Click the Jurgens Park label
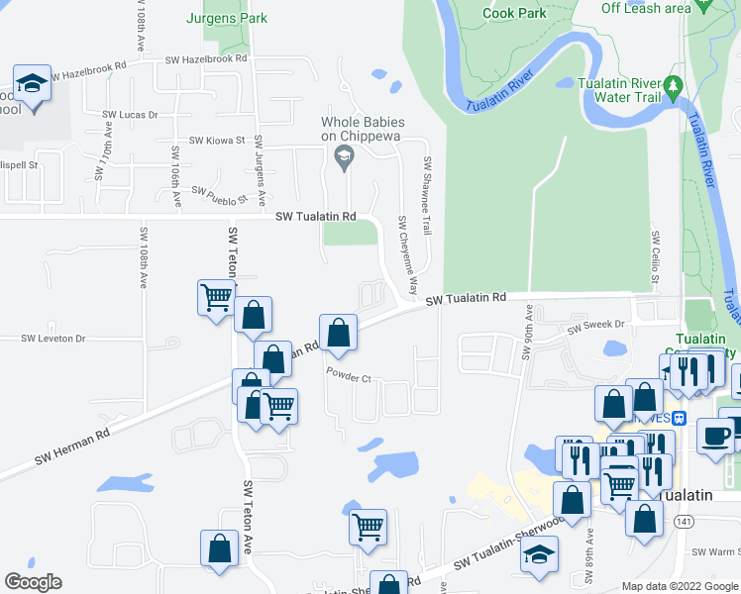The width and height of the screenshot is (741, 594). click(x=227, y=18)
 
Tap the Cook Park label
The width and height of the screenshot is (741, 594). click(x=514, y=14)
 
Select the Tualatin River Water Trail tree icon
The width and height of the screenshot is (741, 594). click(x=674, y=89)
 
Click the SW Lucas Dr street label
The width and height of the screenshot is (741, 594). click(x=131, y=115)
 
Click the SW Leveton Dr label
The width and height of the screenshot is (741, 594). click(x=53, y=339)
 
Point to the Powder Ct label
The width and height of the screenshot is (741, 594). click(x=348, y=377)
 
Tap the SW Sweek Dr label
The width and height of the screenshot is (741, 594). click(x=593, y=324)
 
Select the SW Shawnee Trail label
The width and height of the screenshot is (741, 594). click(x=428, y=195)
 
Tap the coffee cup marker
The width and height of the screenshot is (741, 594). click(x=715, y=435)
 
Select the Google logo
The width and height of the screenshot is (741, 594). click(x=33, y=582)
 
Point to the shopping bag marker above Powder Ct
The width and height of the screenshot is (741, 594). click(x=338, y=333)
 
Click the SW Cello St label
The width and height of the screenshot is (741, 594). click(x=656, y=253)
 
